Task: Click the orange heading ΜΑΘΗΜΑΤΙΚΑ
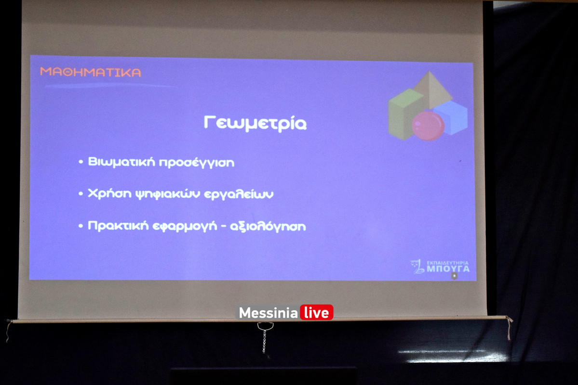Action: click(x=91, y=72)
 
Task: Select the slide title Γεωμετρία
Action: click(x=255, y=123)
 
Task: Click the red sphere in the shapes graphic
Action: click(x=428, y=126)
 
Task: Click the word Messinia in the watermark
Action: click(x=268, y=313)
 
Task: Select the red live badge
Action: click(x=316, y=313)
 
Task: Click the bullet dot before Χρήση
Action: click(x=81, y=194)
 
